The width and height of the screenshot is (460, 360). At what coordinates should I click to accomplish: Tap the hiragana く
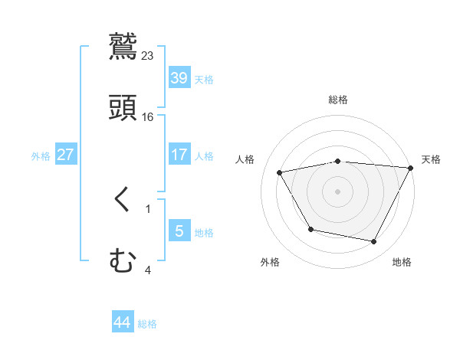(123, 200)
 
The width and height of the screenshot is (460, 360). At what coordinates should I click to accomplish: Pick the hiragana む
(123, 261)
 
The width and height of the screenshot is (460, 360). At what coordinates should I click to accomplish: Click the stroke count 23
(148, 56)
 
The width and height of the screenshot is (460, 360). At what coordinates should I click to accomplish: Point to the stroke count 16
(148, 117)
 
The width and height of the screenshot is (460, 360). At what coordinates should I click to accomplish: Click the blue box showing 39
(179, 78)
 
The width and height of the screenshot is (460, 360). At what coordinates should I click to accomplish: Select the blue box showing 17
(179, 154)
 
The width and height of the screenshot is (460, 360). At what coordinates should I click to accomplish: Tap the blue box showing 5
(179, 231)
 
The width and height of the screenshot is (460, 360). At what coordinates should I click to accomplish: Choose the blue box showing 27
(66, 155)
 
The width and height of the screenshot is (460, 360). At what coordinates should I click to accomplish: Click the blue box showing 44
(123, 322)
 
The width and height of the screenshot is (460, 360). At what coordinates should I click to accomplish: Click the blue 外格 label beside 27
(41, 155)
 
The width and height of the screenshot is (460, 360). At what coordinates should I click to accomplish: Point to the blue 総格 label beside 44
(147, 324)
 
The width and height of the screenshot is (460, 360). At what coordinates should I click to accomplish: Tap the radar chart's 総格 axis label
(337, 100)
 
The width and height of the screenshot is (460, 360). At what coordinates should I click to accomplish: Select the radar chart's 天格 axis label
(431, 159)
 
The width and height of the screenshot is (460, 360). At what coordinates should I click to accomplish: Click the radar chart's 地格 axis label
(402, 263)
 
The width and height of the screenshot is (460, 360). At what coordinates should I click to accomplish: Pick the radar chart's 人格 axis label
(245, 159)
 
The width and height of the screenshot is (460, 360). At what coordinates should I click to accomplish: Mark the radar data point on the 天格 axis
(411, 168)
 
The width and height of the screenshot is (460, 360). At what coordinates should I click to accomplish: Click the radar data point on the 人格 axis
(280, 172)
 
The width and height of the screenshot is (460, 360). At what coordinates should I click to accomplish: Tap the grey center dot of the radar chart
(337, 191)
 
